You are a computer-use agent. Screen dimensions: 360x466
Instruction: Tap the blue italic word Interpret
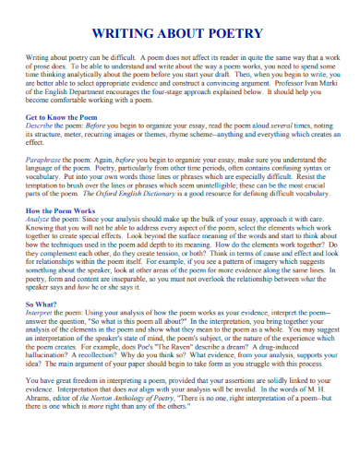coord(42,313)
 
